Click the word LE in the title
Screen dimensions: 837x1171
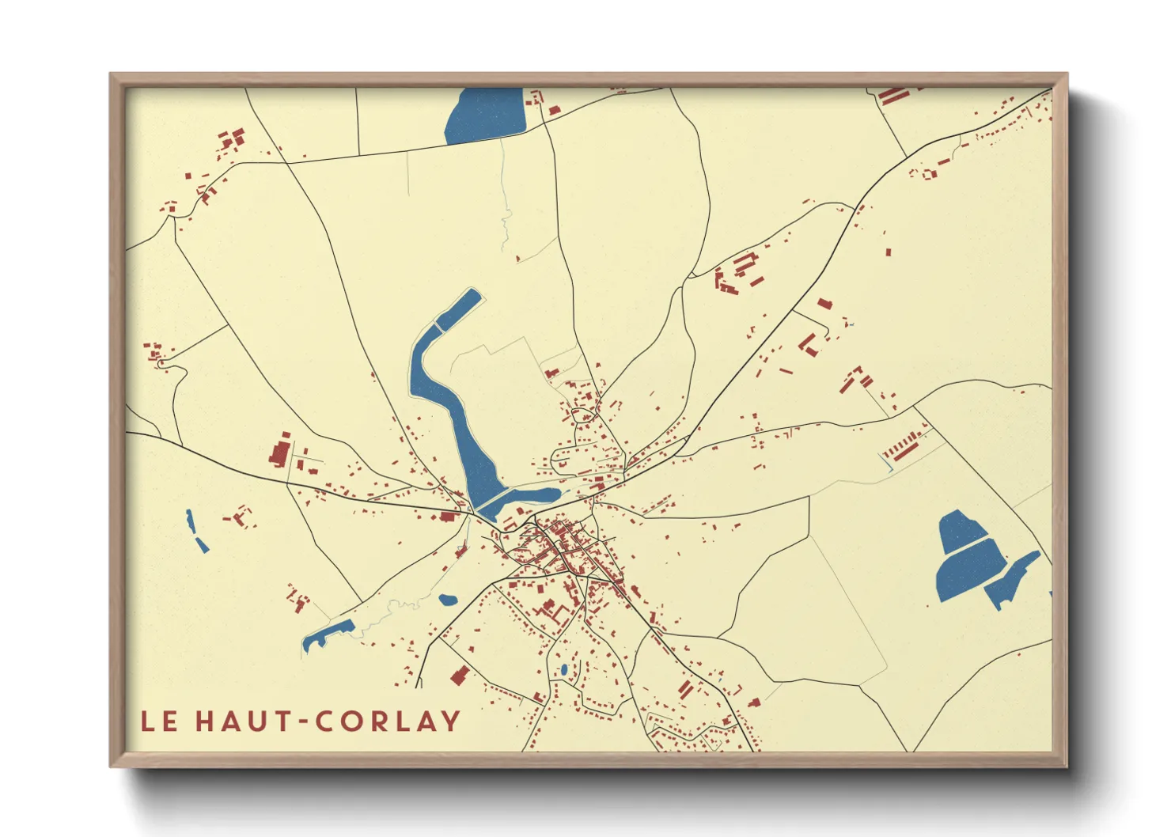[159, 721]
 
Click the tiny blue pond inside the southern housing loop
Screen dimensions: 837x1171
[563, 670]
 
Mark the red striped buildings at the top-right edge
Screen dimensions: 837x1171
[892, 96]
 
